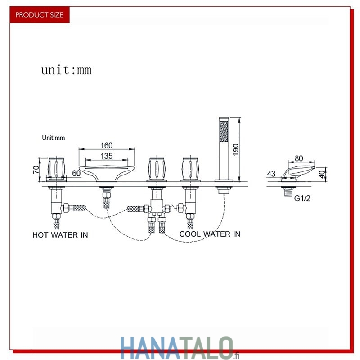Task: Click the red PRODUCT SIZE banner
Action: pyautogui.click(x=40, y=15)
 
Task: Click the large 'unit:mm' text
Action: pyautogui.click(x=66, y=70)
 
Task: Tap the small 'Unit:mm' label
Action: pyautogui.click(x=54, y=138)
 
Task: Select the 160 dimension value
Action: pyautogui.click(x=107, y=145)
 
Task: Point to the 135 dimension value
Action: pyautogui.click(x=107, y=156)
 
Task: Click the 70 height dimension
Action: pyautogui.click(x=36, y=170)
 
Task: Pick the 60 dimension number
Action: pyautogui.click(x=76, y=173)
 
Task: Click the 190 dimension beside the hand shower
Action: pyautogui.click(x=235, y=150)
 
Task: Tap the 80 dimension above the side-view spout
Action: pyautogui.click(x=299, y=158)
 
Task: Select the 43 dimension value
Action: pyautogui.click(x=271, y=174)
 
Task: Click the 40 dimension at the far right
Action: pyautogui.click(x=323, y=174)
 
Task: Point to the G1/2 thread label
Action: pyautogui.click(x=302, y=198)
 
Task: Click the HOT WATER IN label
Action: pyautogui.click(x=60, y=235)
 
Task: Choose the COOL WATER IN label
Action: pyautogui.click(x=210, y=234)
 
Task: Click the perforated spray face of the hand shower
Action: pyautogui.click(x=224, y=131)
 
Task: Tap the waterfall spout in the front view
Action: pyautogui.click(x=107, y=173)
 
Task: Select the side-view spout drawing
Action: pyautogui.click(x=298, y=173)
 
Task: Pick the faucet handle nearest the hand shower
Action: pyautogui.click(x=190, y=169)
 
